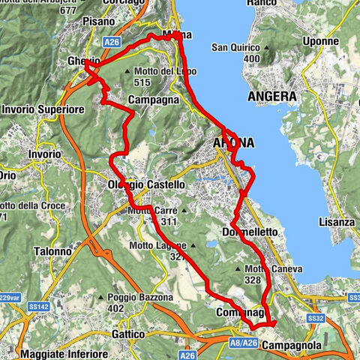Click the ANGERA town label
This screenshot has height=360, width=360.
click(x=274, y=97)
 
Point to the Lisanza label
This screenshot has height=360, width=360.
click(x=336, y=223)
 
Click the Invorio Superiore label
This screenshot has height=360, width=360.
click(x=35, y=109)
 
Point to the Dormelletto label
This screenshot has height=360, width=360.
click(x=250, y=232)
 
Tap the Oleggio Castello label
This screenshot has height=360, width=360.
click(x=146, y=184)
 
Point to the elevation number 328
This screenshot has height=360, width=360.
click(x=252, y=280)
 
